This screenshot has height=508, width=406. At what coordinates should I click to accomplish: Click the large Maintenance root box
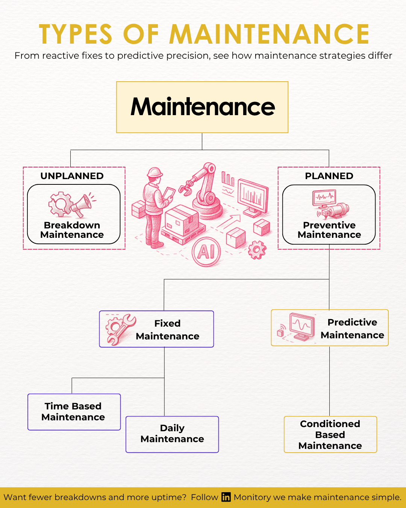202,107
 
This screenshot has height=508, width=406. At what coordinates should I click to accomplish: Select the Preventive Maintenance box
329,214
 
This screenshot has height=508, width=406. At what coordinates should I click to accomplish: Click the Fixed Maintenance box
156,329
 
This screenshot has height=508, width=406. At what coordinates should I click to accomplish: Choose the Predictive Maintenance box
330,328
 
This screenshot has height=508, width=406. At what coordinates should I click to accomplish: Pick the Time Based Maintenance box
74,412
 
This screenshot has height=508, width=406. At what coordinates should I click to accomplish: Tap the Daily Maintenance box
172,434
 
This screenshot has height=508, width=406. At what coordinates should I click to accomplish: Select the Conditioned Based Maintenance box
330,434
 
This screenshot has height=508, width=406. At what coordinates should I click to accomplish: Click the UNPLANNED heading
72,176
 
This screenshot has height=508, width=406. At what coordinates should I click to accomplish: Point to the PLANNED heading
329,176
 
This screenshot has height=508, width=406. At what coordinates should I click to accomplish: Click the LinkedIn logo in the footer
226,497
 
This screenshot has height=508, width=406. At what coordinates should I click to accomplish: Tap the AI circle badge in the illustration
206,252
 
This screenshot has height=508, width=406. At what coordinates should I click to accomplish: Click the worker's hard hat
155,173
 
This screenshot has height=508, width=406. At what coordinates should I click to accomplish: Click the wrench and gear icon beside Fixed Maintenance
120,329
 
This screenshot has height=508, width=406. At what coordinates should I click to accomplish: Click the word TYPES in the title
76,34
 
